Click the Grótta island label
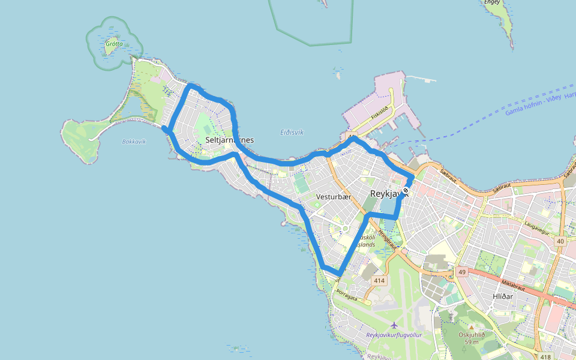coord(114,44)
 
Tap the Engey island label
coord(492,2)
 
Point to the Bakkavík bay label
coord(134,142)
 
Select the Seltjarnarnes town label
coord(229,140)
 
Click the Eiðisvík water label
coord(292,132)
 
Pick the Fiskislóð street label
coord(380,112)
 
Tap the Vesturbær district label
coord(333,197)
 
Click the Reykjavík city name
coord(389,194)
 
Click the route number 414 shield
coord(379,280)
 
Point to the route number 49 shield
coord(461,272)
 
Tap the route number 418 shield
coord(545,357)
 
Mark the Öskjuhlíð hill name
coord(471,335)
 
